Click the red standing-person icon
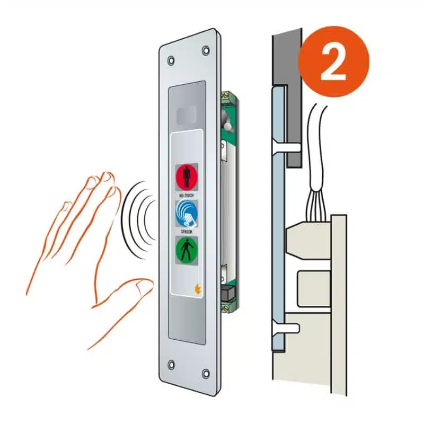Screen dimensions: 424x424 click(x=187, y=177)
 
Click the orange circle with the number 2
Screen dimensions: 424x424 click(x=333, y=61)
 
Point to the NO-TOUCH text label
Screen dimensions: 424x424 click(x=187, y=195)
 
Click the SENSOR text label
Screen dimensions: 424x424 click(x=187, y=232)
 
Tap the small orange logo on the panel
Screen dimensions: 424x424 click(x=198, y=289)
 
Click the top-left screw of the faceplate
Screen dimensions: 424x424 click(x=171, y=60)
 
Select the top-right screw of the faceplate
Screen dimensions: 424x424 click(x=206, y=50)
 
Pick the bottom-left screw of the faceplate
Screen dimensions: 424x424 click(x=171, y=365)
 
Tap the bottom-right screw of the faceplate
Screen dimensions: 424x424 click(x=206, y=374)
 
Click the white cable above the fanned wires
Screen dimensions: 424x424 click(x=318, y=146)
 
